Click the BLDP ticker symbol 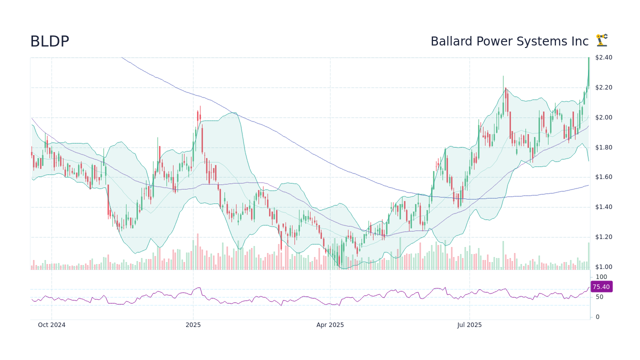49,41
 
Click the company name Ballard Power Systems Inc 509,41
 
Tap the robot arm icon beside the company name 601,40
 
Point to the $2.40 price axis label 603,57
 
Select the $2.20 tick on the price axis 603,87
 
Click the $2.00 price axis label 603,117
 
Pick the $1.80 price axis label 603,147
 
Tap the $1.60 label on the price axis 603,177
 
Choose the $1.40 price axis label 603,207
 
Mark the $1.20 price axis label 603,237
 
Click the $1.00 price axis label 603,267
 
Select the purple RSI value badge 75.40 601,286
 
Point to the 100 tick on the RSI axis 601,277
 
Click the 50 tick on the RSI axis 599,297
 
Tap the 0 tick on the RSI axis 597,317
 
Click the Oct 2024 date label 51,325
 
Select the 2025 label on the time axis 193,325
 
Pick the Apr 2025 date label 330,325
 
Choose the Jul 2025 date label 469,325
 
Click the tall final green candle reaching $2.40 588,72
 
